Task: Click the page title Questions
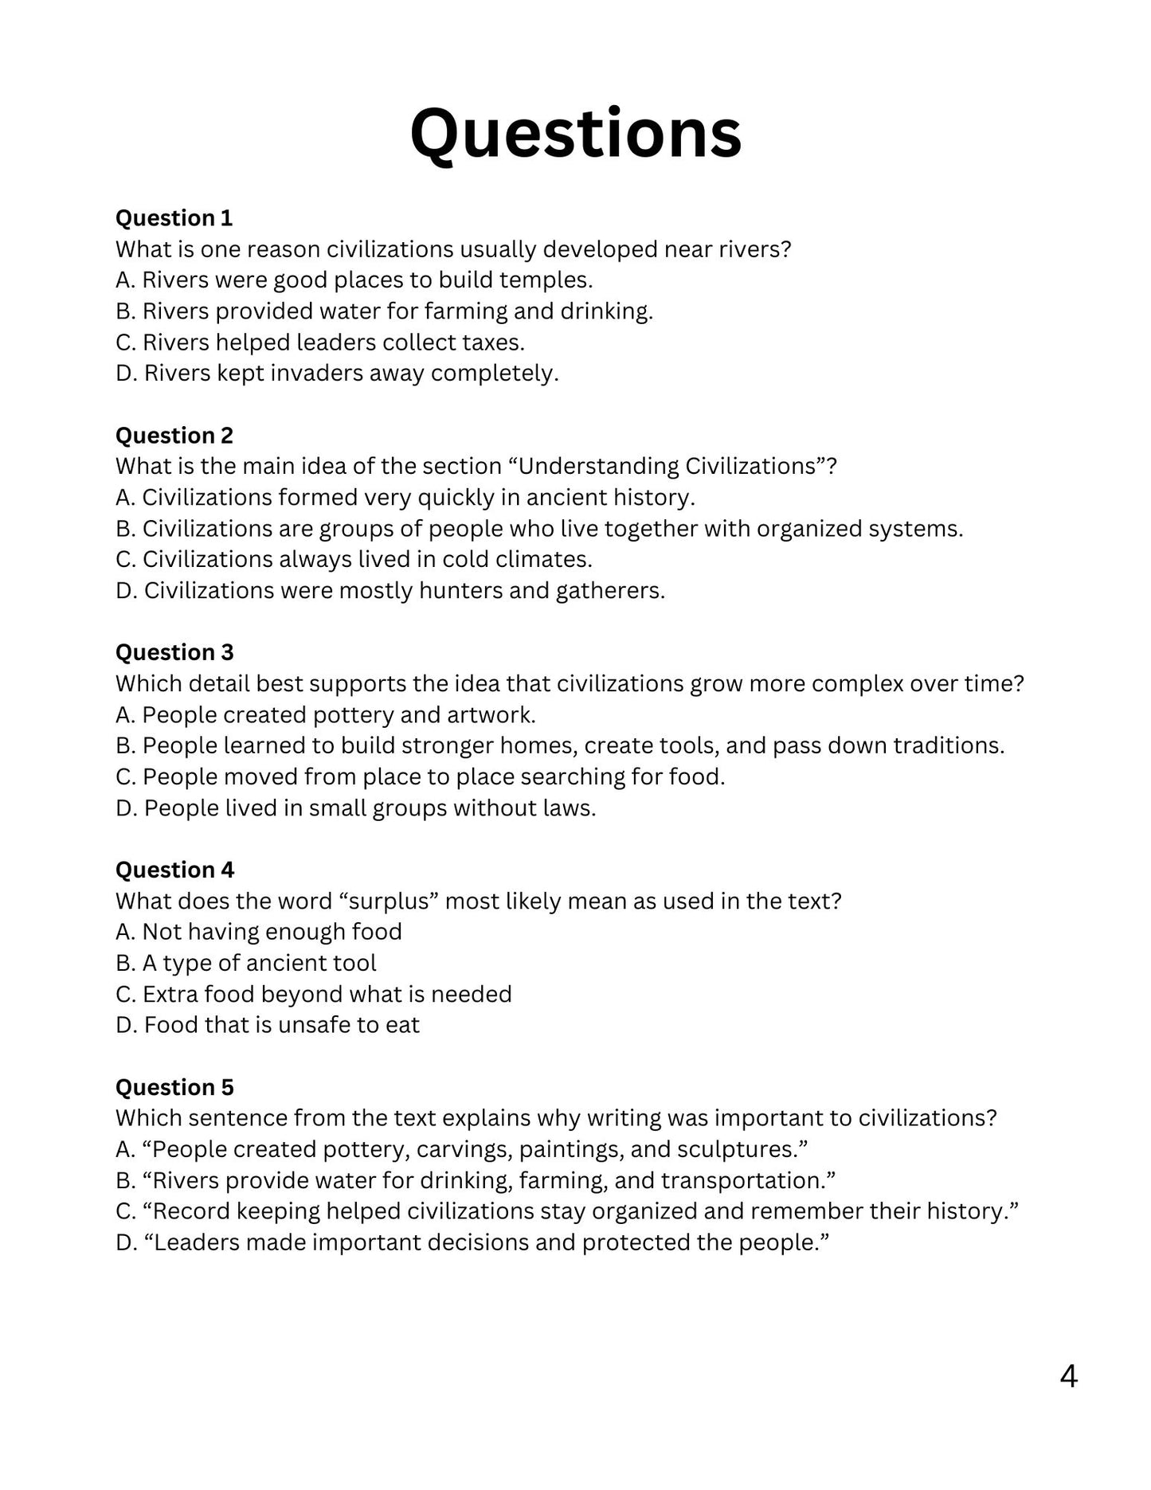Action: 575,134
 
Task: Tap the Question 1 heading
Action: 174,218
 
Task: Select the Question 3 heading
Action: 174,652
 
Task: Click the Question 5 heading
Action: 174,1087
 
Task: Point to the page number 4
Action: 1068,1376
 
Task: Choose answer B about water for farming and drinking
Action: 384,311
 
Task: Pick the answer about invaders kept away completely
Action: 337,373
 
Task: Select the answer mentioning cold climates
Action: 354,559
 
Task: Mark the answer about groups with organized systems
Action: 539,529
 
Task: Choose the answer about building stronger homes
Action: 560,745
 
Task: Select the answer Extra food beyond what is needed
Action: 313,995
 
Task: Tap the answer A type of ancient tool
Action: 245,964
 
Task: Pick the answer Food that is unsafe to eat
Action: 267,1025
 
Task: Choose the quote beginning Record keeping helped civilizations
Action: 567,1211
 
